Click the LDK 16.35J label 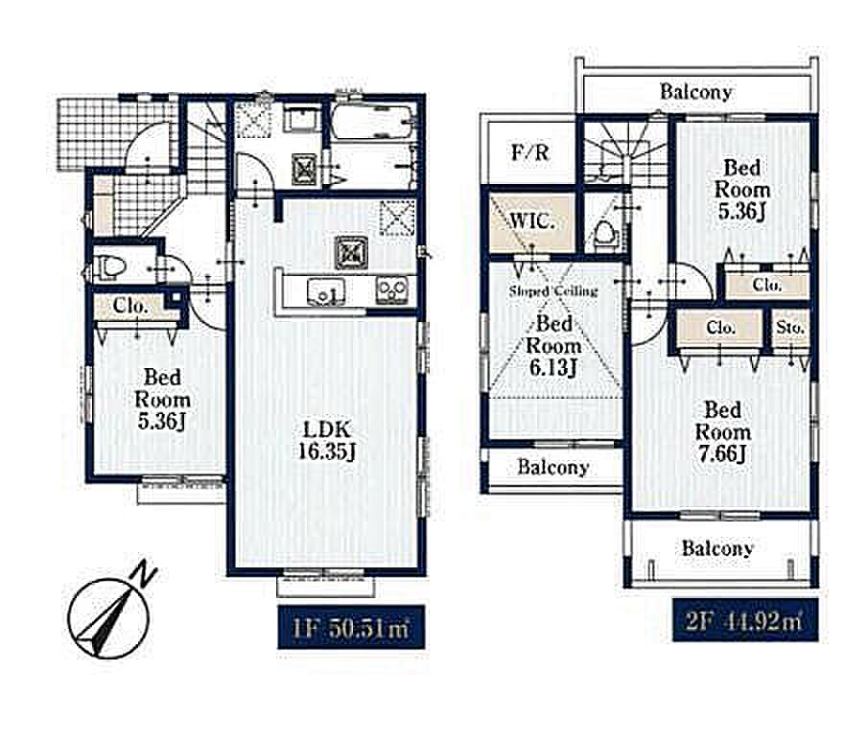tap(326, 441)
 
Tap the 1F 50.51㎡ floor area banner tap(351, 627)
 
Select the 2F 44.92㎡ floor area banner tap(745, 620)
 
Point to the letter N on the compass tap(144, 573)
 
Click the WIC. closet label tap(531, 221)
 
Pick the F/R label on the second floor tap(530, 152)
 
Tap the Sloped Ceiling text tap(553, 291)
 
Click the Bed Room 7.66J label tap(723, 432)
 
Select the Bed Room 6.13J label tap(553, 345)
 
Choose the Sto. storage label tap(789, 328)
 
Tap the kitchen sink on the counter tap(326, 291)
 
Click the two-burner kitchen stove tap(392, 289)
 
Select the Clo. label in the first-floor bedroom tap(129, 306)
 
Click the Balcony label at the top tap(695, 92)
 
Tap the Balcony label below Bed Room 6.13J tap(553, 468)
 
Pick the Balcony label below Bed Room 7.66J tap(717, 548)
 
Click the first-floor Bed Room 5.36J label tap(163, 400)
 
